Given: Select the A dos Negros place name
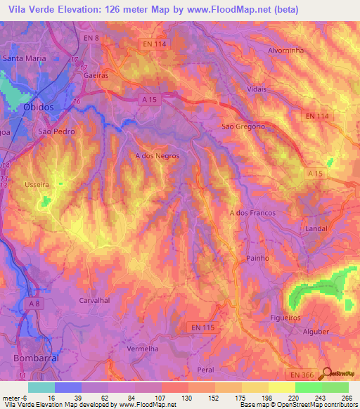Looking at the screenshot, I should tap(157, 156).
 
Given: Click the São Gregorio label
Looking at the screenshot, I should tap(243, 126).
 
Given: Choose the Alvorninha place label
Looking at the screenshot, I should tap(289, 51).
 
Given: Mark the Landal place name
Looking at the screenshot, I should tap(318, 229).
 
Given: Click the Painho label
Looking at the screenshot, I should tap(258, 259).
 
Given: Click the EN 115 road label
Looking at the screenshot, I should tap(202, 327).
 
